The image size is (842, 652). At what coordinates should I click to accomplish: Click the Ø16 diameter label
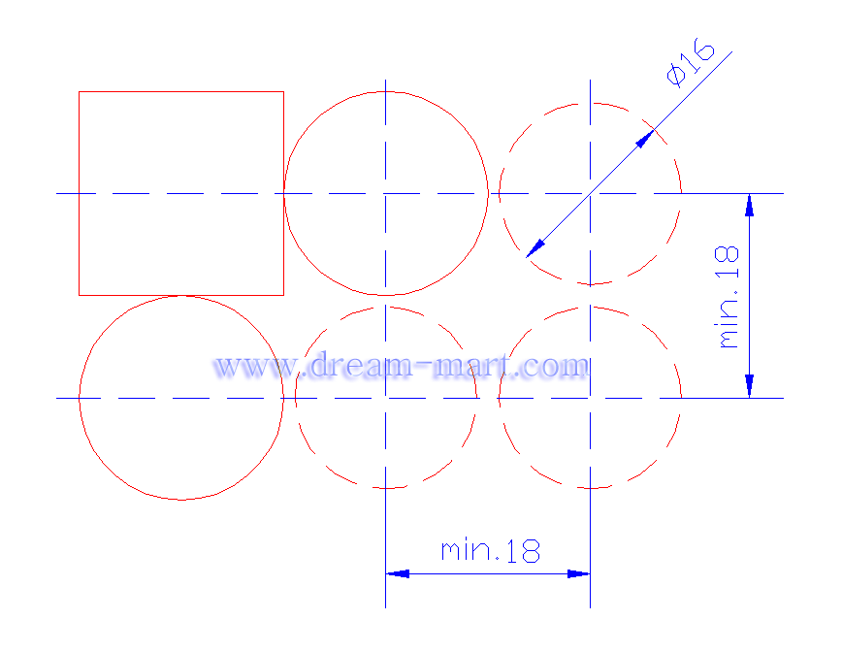tap(691, 62)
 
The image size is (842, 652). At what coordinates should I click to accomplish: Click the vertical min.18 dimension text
tap(729, 298)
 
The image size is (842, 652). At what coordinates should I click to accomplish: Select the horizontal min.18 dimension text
tap(490, 551)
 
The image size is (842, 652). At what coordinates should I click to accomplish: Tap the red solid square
tap(79, 193)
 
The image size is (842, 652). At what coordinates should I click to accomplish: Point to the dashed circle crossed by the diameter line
tap(681, 193)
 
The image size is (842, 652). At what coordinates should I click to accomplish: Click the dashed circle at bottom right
tap(681, 398)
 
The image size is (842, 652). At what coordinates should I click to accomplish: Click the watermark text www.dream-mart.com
tap(402, 366)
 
